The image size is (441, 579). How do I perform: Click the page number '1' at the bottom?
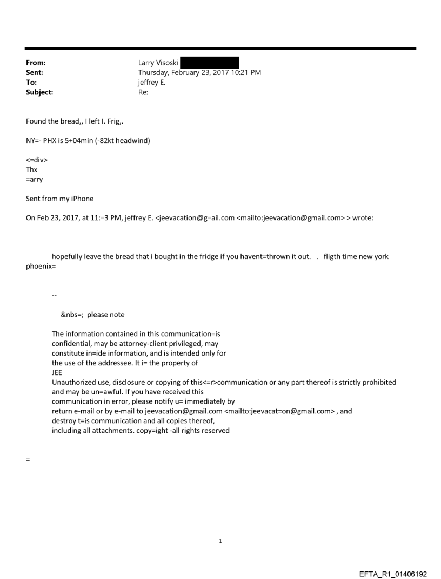coord(220,541)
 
